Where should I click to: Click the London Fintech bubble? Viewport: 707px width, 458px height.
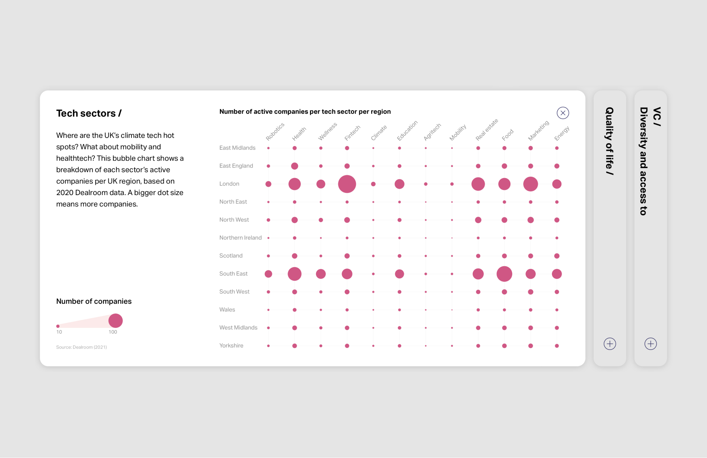[347, 184]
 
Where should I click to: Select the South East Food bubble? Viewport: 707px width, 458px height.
[504, 274]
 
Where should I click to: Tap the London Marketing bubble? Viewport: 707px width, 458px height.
[530, 184]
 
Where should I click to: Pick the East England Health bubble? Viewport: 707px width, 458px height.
[295, 166]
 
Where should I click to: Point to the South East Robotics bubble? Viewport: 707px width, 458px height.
[268, 274]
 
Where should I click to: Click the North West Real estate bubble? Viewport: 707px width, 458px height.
[478, 220]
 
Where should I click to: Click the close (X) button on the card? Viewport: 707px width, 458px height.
[563, 113]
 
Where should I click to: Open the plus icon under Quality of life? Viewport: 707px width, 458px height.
[610, 344]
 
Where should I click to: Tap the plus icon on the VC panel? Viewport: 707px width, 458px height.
[651, 344]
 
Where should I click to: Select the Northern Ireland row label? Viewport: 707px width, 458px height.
[240, 238]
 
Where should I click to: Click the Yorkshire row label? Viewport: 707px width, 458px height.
[231, 346]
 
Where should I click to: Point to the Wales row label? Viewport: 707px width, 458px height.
[227, 310]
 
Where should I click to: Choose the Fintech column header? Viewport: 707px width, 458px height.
[352, 133]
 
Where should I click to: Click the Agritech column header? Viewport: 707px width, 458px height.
[432, 132]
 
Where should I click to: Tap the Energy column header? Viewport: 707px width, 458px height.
[562, 133]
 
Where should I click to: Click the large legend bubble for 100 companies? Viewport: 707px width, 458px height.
[115, 321]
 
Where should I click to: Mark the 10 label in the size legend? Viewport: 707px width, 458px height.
[59, 332]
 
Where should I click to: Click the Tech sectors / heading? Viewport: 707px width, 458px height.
[89, 114]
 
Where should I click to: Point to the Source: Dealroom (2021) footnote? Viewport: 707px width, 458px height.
[81, 347]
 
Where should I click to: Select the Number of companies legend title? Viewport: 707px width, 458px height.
[94, 301]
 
